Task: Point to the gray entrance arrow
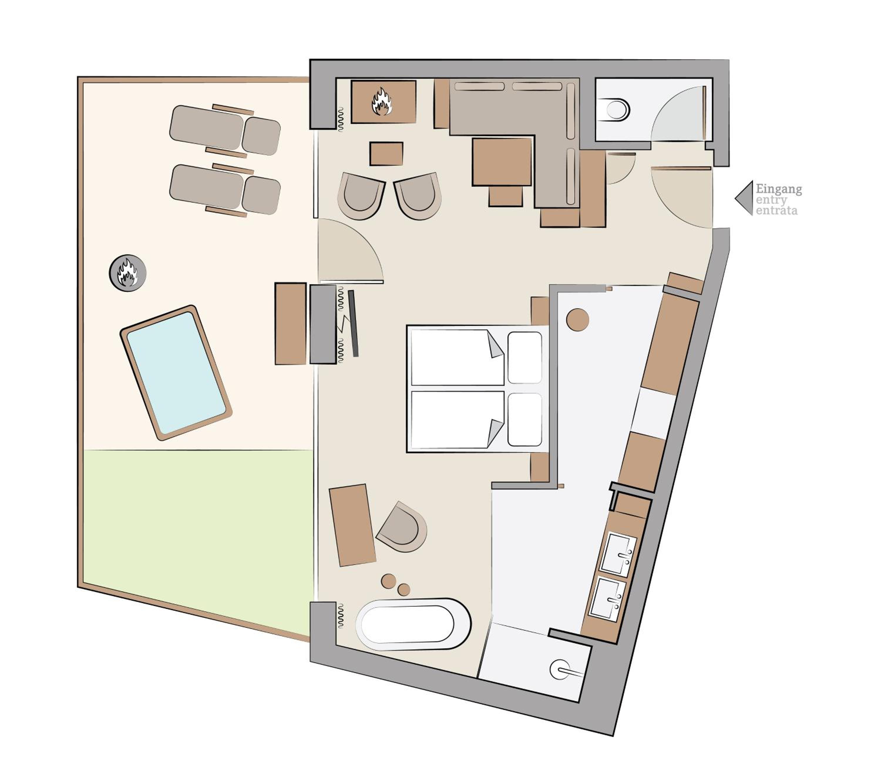coord(744,198)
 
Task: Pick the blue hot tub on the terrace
coord(176,373)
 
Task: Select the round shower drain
coord(560,669)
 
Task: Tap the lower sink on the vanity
coord(607,599)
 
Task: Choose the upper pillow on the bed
coord(524,357)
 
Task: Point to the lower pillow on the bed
coord(524,419)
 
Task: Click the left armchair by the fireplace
coord(361,196)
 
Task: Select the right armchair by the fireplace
coord(418,196)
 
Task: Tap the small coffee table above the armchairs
coord(386,154)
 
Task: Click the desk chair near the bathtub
coord(402,527)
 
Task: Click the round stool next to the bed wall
coord(578,320)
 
